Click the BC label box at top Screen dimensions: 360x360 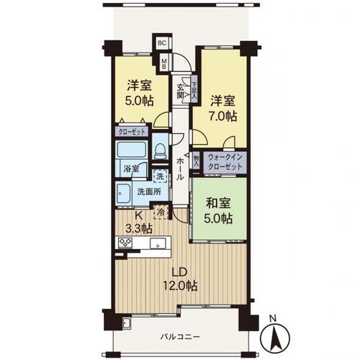163,42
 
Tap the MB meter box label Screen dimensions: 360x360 164,63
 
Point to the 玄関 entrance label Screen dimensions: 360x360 181,91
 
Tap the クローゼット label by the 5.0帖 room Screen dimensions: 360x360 132,132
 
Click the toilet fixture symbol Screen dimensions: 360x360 161,150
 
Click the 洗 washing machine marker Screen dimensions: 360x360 159,174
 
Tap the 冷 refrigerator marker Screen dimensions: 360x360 161,212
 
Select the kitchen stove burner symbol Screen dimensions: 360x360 125,243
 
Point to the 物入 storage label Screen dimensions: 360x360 196,160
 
